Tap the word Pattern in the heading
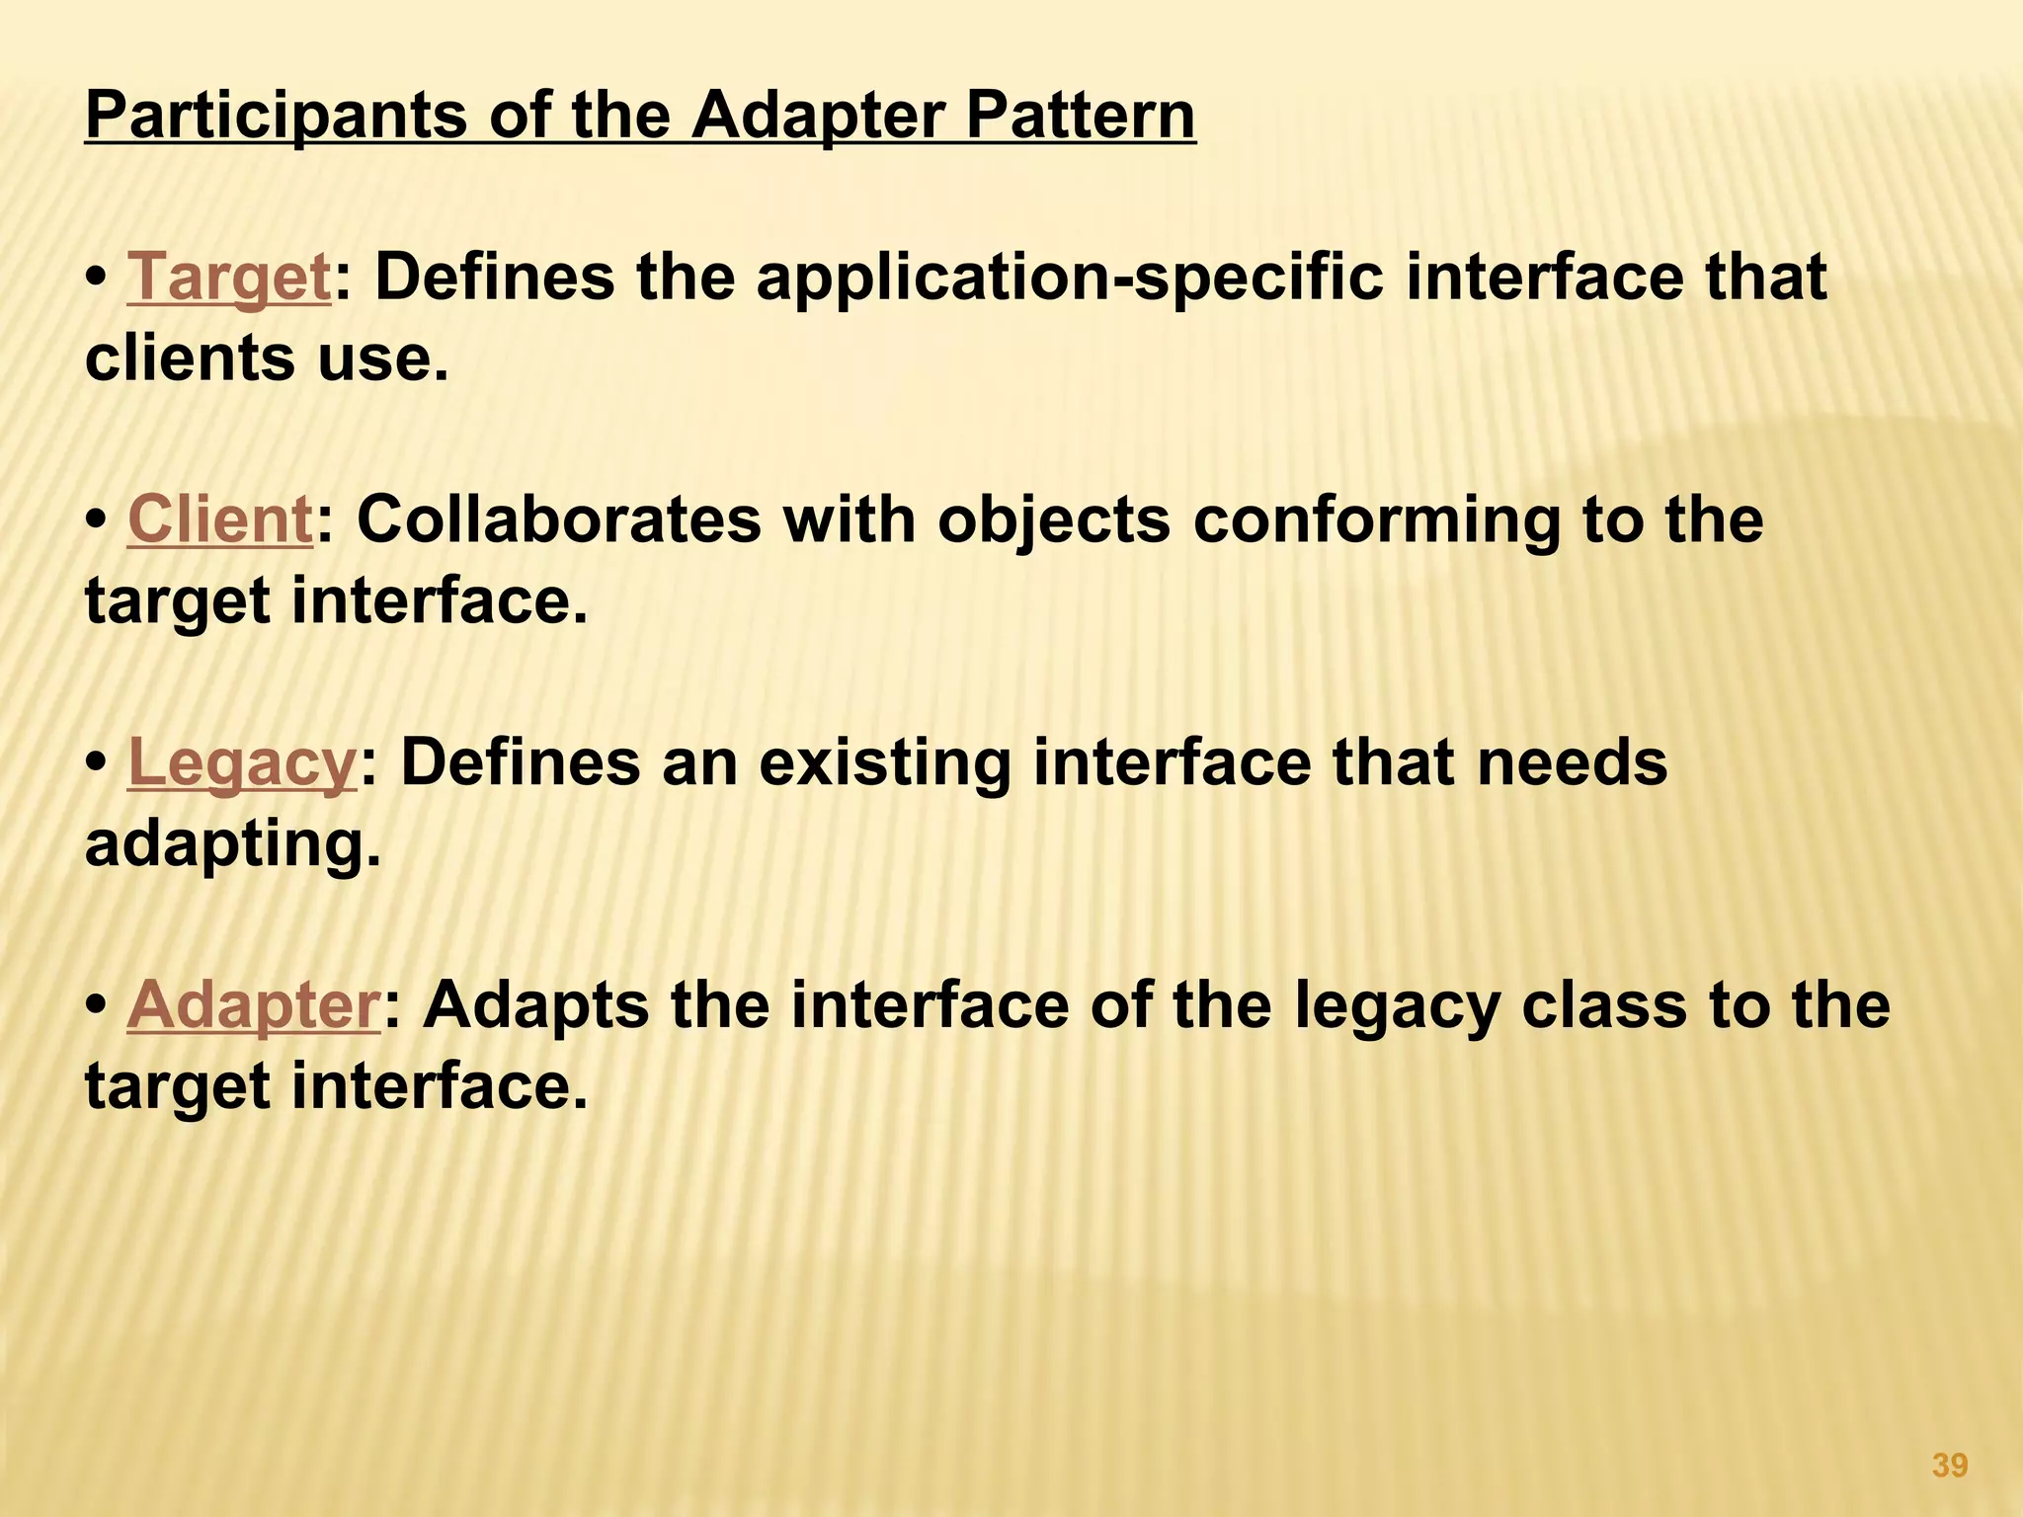[1080, 117]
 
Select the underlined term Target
[229, 278]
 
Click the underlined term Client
[220, 519]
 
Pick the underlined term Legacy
[241, 762]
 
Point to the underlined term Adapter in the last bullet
[253, 1005]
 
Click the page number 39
[1949, 1466]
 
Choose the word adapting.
[232, 844]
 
